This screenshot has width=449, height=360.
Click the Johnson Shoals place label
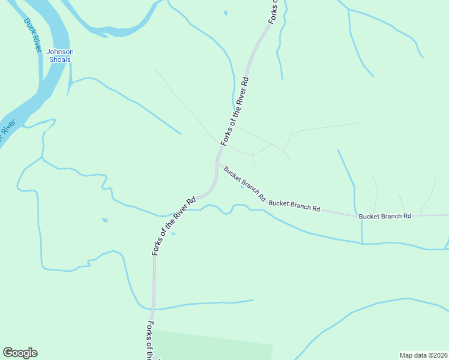click(60, 55)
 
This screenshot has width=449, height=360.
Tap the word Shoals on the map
click(60, 59)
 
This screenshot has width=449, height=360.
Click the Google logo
click(20, 353)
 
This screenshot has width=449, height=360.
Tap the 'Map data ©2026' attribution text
click(423, 355)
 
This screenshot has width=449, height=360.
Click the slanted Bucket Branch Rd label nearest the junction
click(244, 183)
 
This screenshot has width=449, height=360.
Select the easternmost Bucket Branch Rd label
click(385, 215)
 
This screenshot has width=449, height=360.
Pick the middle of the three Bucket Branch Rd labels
click(294, 206)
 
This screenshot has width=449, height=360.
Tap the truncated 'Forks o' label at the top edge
click(274, 12)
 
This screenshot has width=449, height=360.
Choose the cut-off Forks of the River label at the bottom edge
click(151, 340)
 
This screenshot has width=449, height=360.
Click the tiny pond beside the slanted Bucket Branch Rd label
click(242, 187)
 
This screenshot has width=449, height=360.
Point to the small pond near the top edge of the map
click(226, 13)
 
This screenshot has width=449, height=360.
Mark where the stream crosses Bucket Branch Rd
click(362, 215)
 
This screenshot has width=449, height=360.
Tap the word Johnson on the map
click(60, 52)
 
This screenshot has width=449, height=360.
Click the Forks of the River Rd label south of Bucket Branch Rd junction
click(173, 226)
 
